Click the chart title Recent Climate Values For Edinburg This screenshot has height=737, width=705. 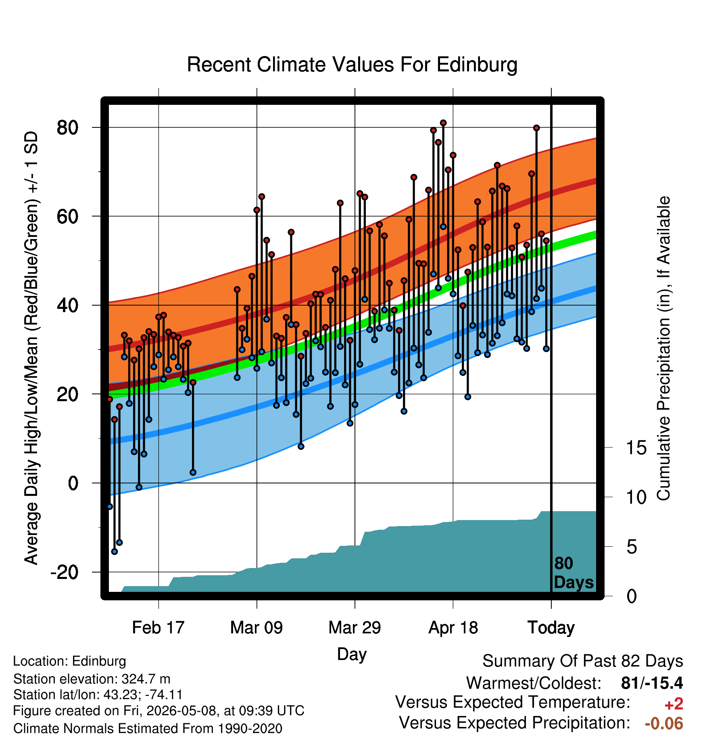point(352,65)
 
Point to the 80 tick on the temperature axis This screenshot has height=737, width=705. point(67,128)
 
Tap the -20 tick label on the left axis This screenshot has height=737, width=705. point(64,572)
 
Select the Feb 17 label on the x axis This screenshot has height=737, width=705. point(158,627)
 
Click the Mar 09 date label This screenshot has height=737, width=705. point(257,627)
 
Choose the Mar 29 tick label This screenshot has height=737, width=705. point(355,627)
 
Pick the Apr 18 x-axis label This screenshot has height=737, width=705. point(453,627)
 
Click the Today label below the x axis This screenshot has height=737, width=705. point(551,628)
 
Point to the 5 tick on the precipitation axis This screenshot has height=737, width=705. point(632,547)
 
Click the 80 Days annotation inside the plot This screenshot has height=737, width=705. point(574,573)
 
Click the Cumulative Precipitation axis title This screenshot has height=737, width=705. point(664,348)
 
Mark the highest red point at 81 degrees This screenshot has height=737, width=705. point(443,123)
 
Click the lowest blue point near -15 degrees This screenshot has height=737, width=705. point(115,552)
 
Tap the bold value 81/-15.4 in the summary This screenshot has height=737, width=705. point(652,683)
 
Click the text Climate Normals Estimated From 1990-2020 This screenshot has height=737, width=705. point(148,729)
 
